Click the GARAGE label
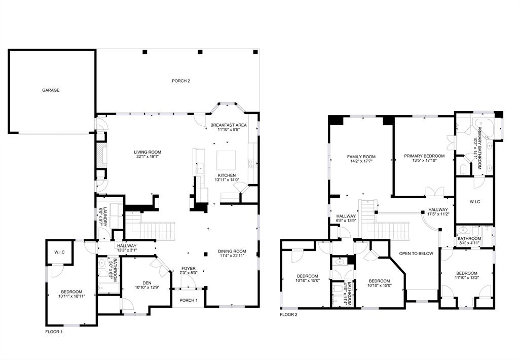pyautogui.click(x=51, y=90)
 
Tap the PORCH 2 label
pyautogui.click(x=181, y=81)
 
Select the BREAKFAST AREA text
pyautogui.click(x=229, y=125)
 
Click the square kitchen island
pyautogui.click(x=226, y=161)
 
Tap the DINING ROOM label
pyautogui.click(x=232, y=251)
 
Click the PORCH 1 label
pyautogui.click(x=189, y=300)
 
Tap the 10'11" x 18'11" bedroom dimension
pyautogui.click(x=71, y=296)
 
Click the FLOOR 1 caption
pyautogui.click(x=54, y=332)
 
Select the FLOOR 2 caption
pyautogui.click(x=288, y=314)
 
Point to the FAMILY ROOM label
pyautogui.click(x=361, y=157)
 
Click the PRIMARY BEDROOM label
pyautogui.click(x=424, y=156)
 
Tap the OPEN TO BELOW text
pyautogui.click(x=416, y=254)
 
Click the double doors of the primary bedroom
pyautogui.click(x=434, y=192)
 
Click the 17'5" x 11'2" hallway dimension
pyautogui.click(x=438, y=214)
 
